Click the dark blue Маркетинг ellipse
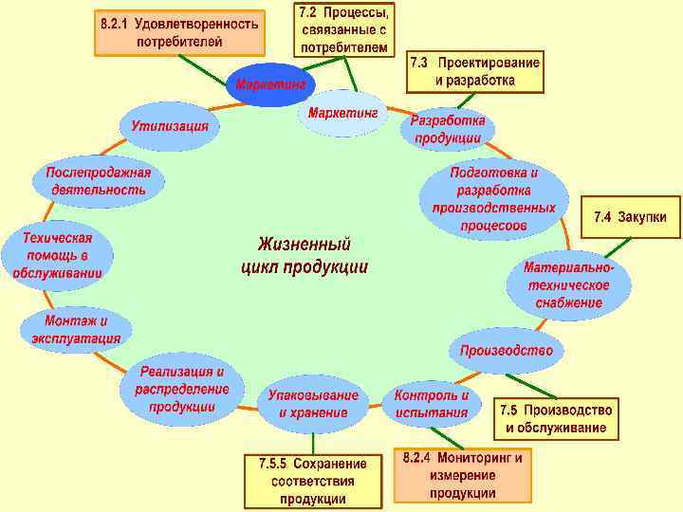coord(271,85)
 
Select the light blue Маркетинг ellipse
coord(342,114)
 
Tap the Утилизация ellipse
coord(170,127)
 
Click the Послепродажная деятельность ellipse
coord(99,181)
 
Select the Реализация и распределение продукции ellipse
coord(182,389)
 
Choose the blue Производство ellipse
coord(506,351)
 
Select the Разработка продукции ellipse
coord(448,130)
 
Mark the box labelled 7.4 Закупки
coord(630,218)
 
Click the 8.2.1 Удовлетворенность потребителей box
coord(179,33)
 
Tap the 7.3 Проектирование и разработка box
coord(475,72)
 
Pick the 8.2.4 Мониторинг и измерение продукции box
coord(462,475)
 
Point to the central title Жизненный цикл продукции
coord(305,255)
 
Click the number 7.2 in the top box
coord(309,13)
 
